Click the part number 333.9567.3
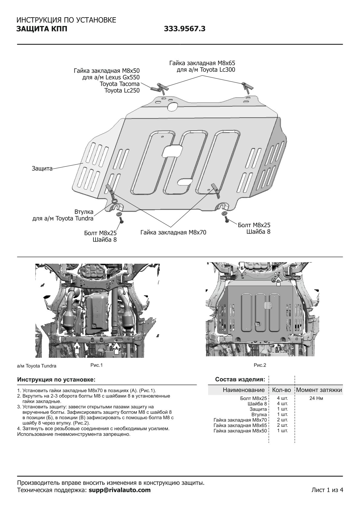185,29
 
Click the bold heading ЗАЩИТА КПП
40,29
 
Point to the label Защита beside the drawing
42,168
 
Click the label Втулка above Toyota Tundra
84,212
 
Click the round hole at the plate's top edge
173,106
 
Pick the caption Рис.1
97,365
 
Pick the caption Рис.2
260,365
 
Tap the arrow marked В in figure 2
278,282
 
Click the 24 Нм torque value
316,398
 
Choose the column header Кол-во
281,390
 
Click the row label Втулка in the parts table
259,414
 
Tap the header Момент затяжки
319,390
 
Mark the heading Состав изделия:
240,379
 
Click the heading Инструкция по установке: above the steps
56,379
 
